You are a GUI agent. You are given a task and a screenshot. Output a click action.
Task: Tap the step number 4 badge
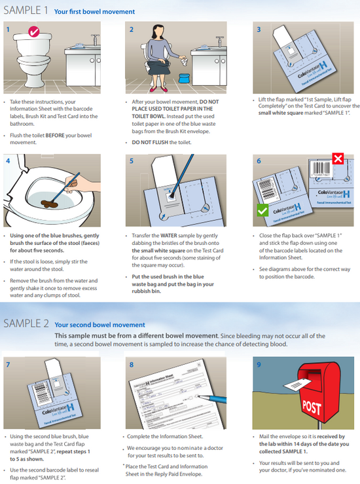[8, 160]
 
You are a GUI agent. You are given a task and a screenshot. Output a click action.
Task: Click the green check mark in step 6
[262, 210]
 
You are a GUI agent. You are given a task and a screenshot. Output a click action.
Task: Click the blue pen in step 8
[217, 397]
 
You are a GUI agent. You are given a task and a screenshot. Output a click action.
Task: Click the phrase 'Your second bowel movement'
[99, 325]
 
